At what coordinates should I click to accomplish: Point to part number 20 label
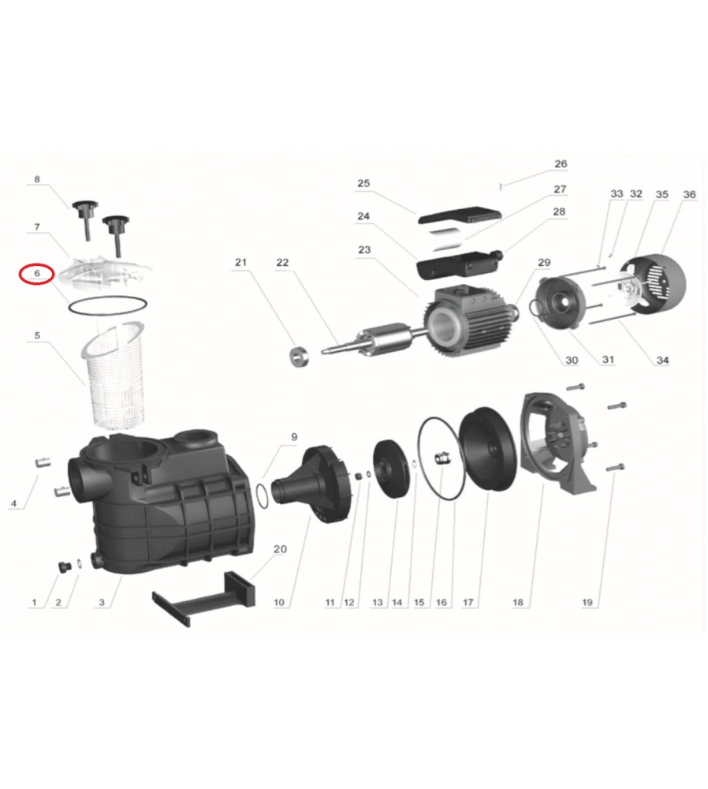coord(280,549)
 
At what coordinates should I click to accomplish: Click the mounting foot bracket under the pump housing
coord(203,599)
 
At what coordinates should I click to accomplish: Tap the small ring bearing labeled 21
coord(299,357)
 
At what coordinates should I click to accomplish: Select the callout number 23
coord(364,249)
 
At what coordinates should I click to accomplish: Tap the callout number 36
coord(689,194)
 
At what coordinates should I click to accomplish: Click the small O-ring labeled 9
coord(263,496)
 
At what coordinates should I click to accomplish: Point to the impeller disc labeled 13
coord(391,469)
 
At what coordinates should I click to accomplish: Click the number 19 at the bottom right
coord(587,602)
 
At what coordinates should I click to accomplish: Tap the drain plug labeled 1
coord(65,567)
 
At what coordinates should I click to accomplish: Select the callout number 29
coord(544,262)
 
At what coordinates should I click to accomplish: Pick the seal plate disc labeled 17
coord(488,449)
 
